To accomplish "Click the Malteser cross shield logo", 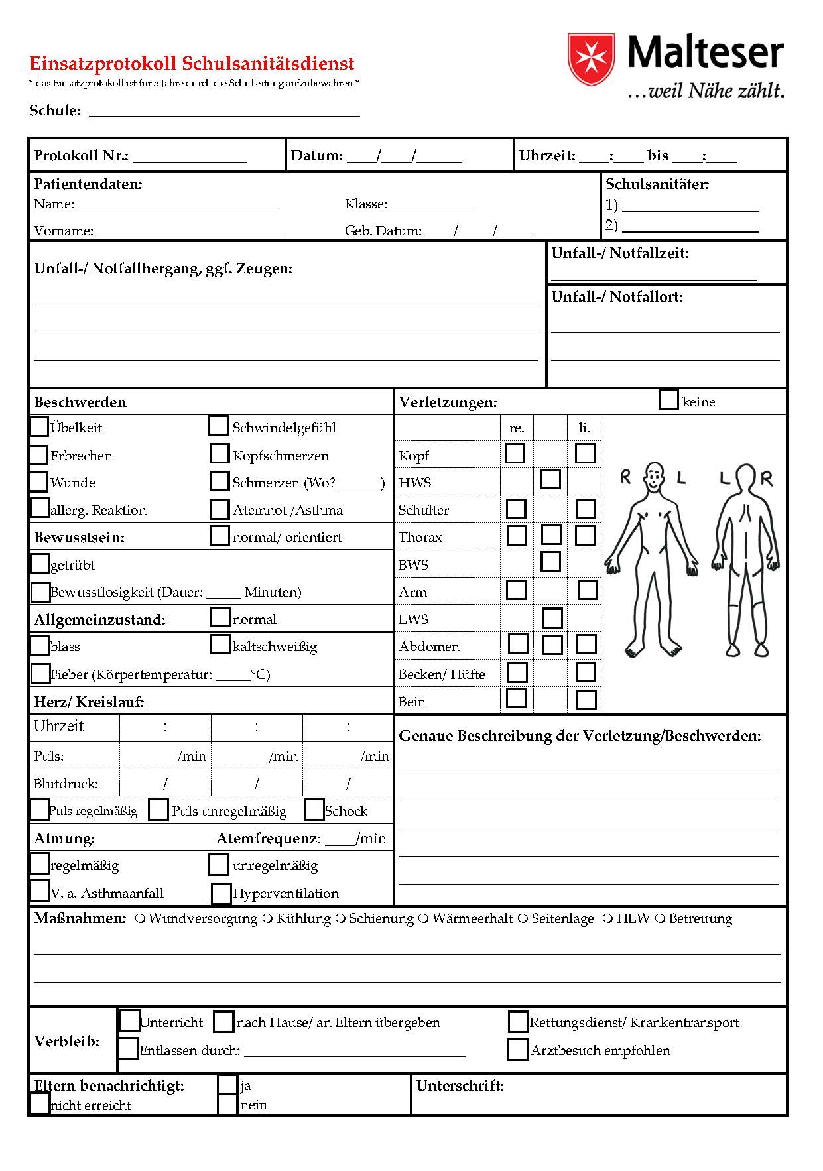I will [x=588, y=58].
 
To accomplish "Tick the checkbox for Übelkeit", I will [x=39, y=426].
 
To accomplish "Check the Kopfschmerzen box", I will [x=219, y=454].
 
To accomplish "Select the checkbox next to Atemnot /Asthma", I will [x=219, y=509].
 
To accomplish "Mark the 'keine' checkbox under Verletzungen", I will [x=668, y=400].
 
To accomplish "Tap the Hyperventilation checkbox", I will [x=221, y=893].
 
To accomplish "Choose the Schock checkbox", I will [x=314, y=810].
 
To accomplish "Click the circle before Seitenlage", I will [x=523, y=918].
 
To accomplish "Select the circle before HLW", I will [x=607, y=918].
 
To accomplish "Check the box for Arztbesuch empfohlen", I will [x=517, y=1050].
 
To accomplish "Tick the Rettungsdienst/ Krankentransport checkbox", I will [x=518, y=1022].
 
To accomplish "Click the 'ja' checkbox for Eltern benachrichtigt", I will [x=227, y=1085].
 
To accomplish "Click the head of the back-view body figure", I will [x=746, y=477].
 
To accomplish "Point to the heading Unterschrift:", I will [x=460, y=1085].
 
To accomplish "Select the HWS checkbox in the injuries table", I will [x=550, y=479].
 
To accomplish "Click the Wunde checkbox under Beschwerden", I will [x=39, y=481].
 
